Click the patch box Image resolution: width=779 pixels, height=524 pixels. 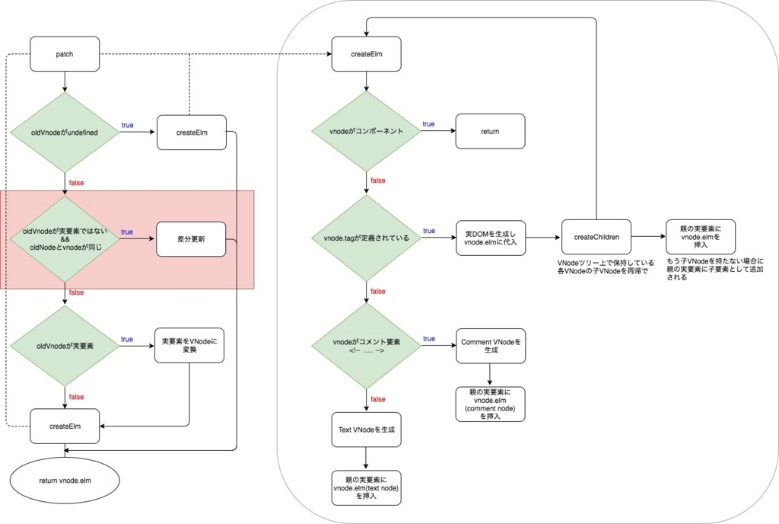pyautogui.click(x=65, y=55)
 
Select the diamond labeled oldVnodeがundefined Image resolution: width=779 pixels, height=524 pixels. pyautogui.click(x=65, y=133)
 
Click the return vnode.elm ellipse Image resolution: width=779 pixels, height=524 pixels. pyautogui.click(x=65, y=481)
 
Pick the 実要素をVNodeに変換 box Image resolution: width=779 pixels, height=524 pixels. pyautogui.click(x=189, y=345)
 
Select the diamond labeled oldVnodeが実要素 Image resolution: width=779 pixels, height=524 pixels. pyautogui.click(x=65, y=346)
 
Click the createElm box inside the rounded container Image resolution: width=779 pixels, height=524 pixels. pyautogui.click(x=367, y=55)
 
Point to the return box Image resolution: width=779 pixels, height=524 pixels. pyautogui.click(x=490, y=131)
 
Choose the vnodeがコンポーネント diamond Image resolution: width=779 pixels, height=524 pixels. pyautogui.click(x=367, y=131)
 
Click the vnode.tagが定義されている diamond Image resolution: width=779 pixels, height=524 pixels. pyautogui.click(x=367, y=238)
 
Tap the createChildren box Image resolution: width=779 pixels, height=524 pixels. pyautogui.click(x=596, y=237)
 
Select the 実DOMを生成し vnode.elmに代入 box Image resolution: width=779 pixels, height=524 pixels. pyautogui.click(x=490, y=237)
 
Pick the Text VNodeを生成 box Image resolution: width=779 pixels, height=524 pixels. pyautogui.click(x=367, y=430)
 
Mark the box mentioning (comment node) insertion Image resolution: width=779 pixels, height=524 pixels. pyautogui.click(x=490, y=404)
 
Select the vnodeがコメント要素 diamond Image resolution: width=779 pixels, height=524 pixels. pyautogui.click(x=367, y=346)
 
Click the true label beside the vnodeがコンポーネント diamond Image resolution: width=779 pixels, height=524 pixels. pyautogui.click(x=428, y=124)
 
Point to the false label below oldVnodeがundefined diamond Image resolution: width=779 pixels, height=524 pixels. pyautogui.click(x=77, y=183)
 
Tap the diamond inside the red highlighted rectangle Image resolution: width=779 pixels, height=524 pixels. pyautogui.click(x=65, y=240)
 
